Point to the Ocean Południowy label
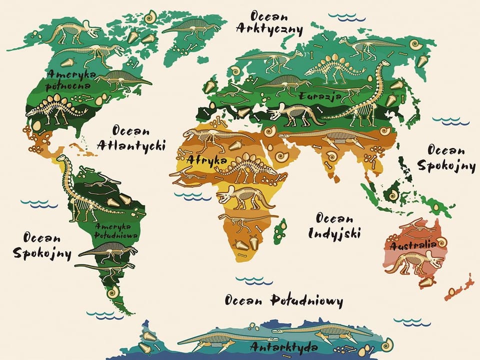283,300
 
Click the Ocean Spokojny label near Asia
445,158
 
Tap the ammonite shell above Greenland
149,18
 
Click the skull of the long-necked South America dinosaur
61,158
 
